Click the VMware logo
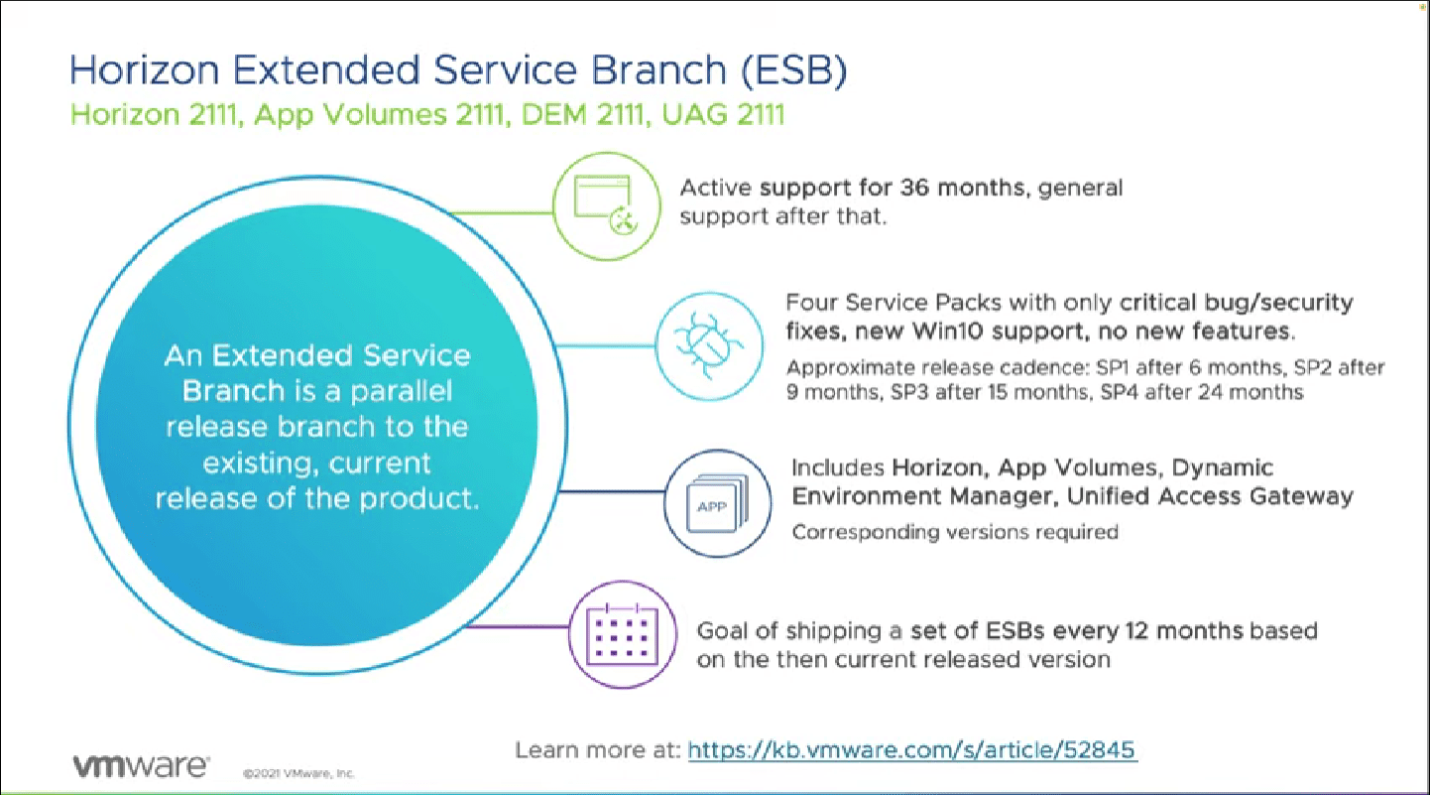pos(140,765)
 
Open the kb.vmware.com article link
pos(911,749)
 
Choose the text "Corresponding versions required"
pos(954,532)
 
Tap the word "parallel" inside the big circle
pos(394,391)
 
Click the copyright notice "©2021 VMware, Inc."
pos(298,772)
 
